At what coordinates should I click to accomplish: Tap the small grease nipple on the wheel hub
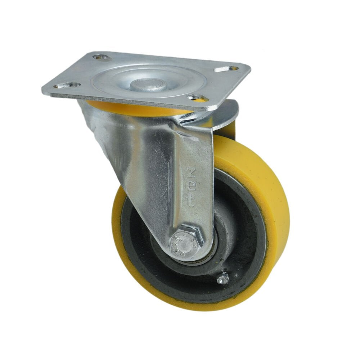coord(223,278)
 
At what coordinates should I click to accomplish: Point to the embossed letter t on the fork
coord(190,200)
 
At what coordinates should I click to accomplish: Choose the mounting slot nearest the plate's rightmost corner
coord(226,68)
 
